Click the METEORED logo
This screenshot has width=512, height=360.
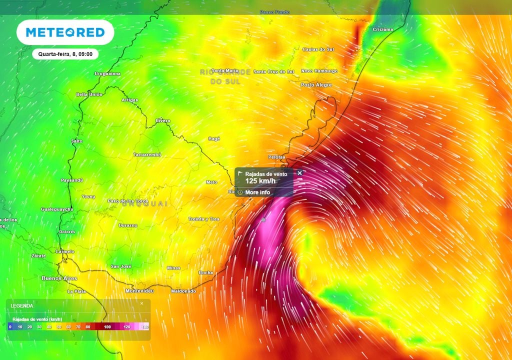pos(65,32)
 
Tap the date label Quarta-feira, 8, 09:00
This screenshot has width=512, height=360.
pos(65,53)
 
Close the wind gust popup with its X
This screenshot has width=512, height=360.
pos(299,173)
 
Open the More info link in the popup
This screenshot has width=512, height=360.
pos(257,192)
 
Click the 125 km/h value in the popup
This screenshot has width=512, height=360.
pos(258,181)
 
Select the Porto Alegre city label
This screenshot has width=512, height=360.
pos(316,85)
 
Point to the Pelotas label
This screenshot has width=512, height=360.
pos(276,157)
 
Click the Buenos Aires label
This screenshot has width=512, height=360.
pos(59,278)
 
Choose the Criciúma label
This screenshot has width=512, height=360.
pos(383,29)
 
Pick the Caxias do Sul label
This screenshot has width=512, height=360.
pos(318,49)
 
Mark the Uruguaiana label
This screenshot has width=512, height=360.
pos(107,74)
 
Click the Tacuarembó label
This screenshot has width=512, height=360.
pos(147,155)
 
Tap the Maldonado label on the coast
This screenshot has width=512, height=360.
pos(183,291)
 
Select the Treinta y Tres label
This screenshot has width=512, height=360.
pos(203,219)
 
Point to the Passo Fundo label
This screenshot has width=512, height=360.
pos(275,12)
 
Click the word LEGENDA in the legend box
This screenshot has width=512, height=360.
pos(22,305)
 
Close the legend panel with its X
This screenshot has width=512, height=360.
pos(141,303)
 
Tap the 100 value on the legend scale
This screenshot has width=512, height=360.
pos(107,327)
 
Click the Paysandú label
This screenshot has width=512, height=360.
pos(71,180)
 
